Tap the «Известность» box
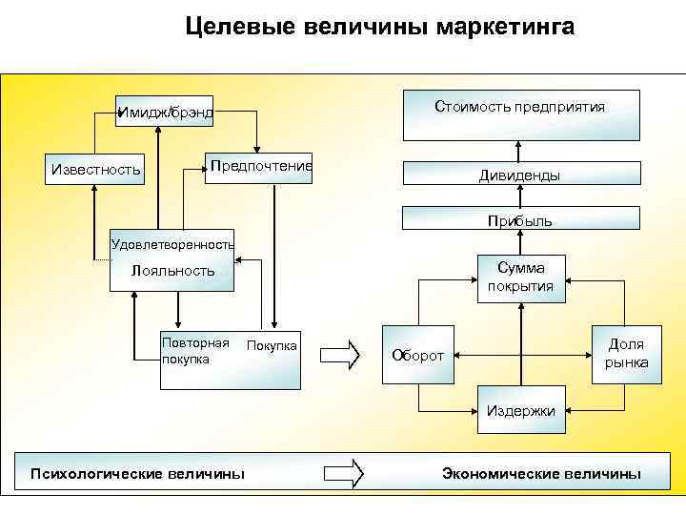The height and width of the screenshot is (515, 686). [95, 170]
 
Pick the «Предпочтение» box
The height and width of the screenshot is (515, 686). [260, 167]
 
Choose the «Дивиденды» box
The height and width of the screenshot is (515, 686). [519, 175]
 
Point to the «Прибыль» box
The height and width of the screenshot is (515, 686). [519, 220]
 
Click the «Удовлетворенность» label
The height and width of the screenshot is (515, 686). [172, 244]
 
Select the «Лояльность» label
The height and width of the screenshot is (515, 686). [173, 271]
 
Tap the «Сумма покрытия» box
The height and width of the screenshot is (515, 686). [520, 278]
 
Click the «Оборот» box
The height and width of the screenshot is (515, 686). [418, 356]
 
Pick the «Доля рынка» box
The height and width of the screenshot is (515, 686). [626, 354]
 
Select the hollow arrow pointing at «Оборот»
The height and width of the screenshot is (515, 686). [340, 355]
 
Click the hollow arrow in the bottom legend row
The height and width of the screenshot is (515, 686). [344, 472]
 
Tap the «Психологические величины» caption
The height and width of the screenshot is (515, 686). [137, 473]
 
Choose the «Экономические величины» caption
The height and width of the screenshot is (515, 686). [541, 473]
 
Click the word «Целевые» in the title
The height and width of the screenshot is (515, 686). [239, 26]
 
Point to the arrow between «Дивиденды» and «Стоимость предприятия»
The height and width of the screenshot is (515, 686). [519, 151]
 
